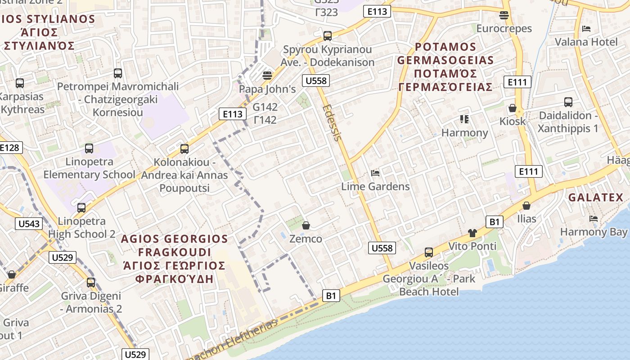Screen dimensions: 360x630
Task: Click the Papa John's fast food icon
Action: click(267, 75)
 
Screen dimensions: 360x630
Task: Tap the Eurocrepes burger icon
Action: click(504, 15)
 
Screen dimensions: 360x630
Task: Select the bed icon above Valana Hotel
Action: click(586, 29)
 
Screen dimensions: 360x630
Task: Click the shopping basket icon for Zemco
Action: click(306, 225)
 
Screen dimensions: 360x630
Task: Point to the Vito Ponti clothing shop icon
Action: click(472, 233)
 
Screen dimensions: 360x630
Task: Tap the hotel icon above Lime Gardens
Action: click(375, 173)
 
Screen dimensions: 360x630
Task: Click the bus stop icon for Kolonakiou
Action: click(184, 148)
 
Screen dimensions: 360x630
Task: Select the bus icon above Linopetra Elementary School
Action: click(89, 148)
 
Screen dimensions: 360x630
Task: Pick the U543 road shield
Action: click(29, 224)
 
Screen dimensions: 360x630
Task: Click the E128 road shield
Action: click(10, 148)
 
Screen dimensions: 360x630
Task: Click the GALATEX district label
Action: click(595, 197)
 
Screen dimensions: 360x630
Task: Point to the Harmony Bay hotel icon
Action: click(594, 219)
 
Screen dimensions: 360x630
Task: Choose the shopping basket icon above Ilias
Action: click(526, 206)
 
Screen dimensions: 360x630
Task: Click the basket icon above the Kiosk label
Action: click(512, 108)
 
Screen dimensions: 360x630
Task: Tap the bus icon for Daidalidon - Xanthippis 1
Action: click(568, 102)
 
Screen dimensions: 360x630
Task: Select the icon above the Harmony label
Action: click(464, 119)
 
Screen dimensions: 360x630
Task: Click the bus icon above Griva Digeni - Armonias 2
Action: click(91, 283)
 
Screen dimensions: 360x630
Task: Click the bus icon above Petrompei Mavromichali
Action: click(118, 73)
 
